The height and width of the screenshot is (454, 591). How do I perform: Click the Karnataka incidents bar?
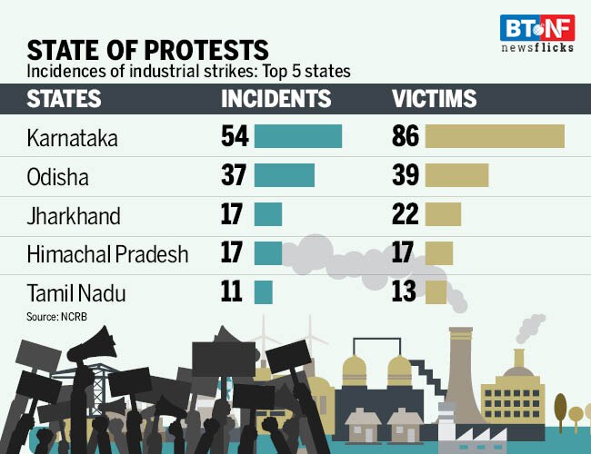[x=298, y=136]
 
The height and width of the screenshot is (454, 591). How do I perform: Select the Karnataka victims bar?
[x=495, y=136]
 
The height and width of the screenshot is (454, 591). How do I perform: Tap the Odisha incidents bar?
[x=285, y=175]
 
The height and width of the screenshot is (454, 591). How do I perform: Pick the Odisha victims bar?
[x=456, y=175]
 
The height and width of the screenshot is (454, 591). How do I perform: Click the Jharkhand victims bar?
[x=443, y=214]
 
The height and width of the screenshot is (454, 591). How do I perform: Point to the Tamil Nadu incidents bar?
[x=264, y=292]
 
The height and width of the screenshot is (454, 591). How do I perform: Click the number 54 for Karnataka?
[x=235, y=136]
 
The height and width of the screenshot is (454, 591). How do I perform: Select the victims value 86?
[x=406, y=136]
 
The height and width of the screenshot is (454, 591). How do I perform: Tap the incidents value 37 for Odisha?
[x=235, y=175]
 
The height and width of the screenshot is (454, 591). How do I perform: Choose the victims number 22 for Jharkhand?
[x=406, y=214]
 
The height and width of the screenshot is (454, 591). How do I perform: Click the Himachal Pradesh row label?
[x=107, y=253]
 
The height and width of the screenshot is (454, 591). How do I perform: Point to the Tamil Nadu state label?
[x=75, y=293]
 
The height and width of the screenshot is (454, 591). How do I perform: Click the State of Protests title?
[x=147, y=49]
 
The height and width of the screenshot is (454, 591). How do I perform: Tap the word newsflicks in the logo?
[x=537, y=47]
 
